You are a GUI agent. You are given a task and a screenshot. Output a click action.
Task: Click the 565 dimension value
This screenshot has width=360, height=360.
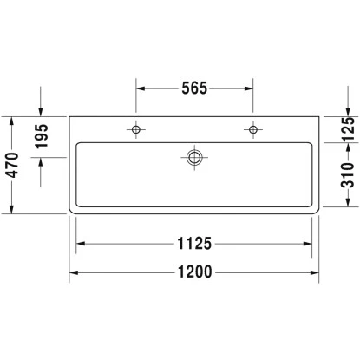tap(194, 88)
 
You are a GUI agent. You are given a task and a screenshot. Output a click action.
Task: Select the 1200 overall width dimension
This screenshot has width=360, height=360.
tap(194, 272)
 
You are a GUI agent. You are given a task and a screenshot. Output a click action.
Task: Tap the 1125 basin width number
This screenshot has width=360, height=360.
tap(194, 244)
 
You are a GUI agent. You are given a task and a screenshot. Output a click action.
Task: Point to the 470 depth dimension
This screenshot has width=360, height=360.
tap(12, 165)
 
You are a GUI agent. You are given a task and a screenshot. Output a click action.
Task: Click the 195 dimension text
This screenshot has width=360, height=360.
tap(42, 136)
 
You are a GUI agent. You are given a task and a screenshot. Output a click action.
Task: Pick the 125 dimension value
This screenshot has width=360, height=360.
tap(348, 129)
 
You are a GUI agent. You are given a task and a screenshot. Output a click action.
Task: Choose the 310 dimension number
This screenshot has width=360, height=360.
tap(348, 175)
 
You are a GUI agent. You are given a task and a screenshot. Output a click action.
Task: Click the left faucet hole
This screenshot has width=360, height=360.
tap(135, 129)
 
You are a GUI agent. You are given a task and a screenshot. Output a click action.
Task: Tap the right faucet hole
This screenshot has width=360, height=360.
tap(253, 129)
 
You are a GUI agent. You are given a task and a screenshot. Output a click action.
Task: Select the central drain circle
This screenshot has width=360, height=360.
tap(194, 158)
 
